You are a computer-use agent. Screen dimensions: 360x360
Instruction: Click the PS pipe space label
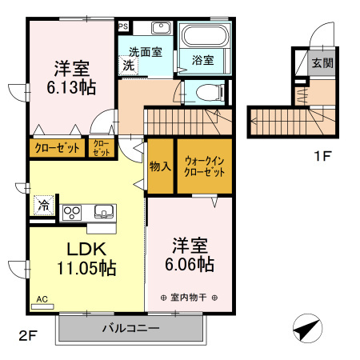(123, 26)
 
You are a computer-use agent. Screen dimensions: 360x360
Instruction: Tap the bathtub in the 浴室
(203, 36)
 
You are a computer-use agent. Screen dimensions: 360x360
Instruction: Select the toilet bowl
(210, 93)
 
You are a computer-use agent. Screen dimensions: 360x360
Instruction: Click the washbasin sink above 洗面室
(161, 28)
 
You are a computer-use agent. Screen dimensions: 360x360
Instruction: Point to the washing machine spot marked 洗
(128, 65)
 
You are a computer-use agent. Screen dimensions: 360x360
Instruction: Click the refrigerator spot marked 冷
(44, 205)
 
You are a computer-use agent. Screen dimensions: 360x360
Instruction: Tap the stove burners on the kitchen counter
(72, 213)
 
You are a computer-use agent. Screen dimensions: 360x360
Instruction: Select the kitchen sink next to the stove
(104, 212)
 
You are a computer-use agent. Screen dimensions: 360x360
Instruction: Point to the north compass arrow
(307, 329)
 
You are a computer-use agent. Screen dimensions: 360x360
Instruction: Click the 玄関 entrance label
(322, 63)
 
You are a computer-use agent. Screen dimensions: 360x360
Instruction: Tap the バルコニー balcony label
(131, 328)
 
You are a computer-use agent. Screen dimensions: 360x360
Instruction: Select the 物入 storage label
(160, 166)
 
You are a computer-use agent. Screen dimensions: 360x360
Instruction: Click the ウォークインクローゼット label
(205, 166)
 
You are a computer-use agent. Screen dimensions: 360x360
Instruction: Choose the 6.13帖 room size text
(71, 87)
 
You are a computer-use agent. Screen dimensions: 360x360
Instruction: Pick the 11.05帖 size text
(86, 268)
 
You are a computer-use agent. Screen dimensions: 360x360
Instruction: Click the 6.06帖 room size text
(190, 264)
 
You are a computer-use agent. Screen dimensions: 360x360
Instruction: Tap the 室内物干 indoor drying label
(189, 298)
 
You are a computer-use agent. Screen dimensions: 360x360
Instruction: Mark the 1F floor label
(322, 156)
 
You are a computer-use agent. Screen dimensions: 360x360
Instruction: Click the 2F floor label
(28, 336)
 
